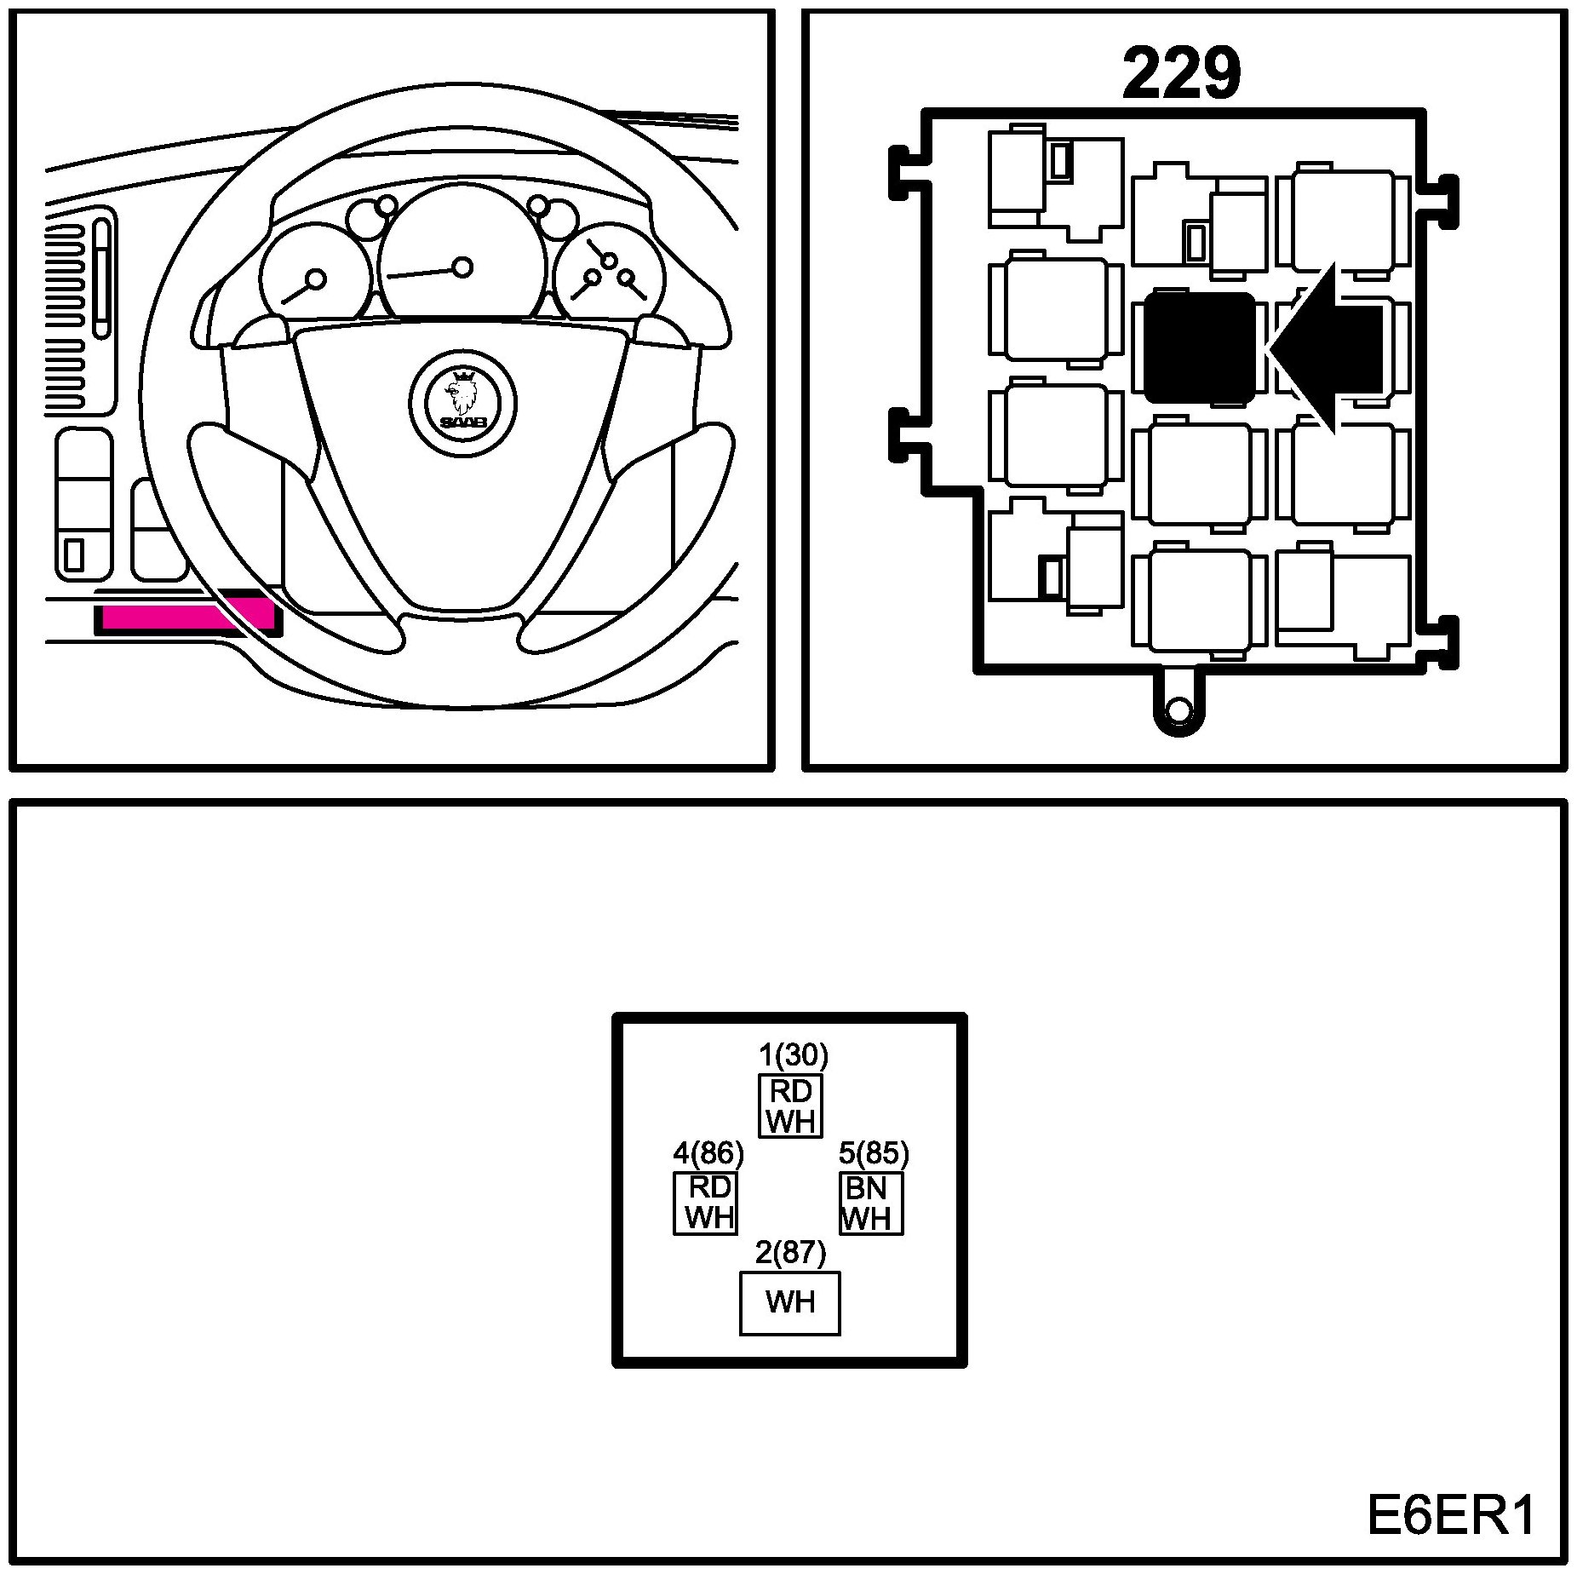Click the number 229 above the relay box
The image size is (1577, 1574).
[1181, 74]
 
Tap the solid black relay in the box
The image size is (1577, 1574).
[1199, 348]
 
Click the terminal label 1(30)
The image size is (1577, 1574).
[793, 1056]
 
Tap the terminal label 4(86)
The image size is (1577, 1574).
[708, 1154]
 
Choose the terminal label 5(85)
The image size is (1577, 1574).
[874, 1154]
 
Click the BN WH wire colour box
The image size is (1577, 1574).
[870, 1203]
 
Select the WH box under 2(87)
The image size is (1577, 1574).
[790, 1303]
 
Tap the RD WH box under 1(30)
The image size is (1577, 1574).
[791, 1106]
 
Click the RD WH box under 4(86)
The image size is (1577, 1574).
[706, 1203]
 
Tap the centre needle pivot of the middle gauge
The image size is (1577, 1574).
[462, 267]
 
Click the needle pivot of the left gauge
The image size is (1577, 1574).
[316, 279]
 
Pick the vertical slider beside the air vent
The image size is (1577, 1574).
[103, 279]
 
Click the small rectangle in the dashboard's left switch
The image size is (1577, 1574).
[74, 554]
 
